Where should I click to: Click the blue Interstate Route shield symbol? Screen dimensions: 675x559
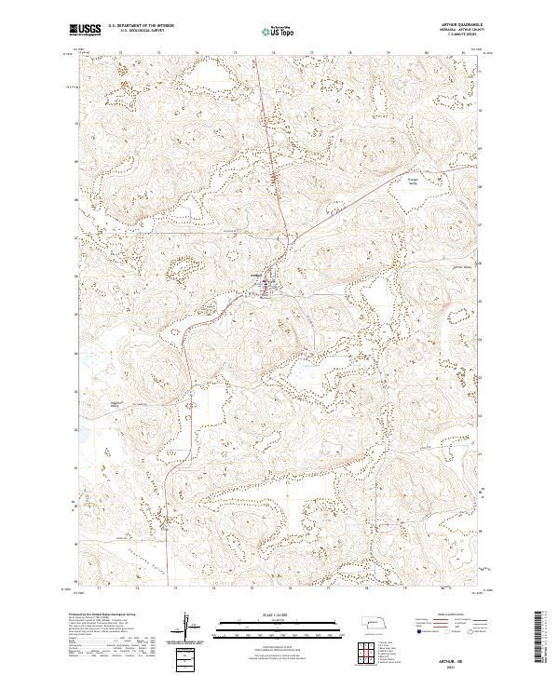pos(413,640)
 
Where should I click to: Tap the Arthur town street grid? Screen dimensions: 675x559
pos(269,287)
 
